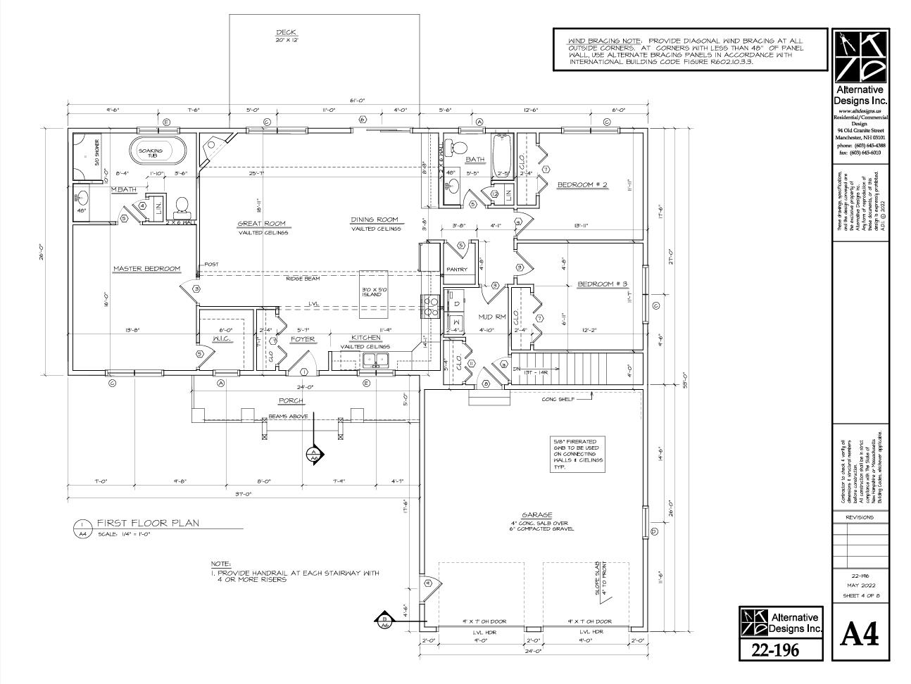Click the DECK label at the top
[x=286, y=32]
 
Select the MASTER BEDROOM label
[x=147, y=268]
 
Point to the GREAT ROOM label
[x=260, y=224]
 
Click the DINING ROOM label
[x=375, y=220]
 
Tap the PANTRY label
[x=457, y=269]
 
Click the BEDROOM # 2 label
[x=582, y=185]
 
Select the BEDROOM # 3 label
[x=602, y=284]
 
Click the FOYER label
[x=303, y=339]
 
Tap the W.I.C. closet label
[x=222, y=339]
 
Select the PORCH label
[x=291, y=400]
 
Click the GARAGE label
[x=536, y=514]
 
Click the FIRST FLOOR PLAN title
[x=148, y=523]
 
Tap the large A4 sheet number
[x=860, y=635]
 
